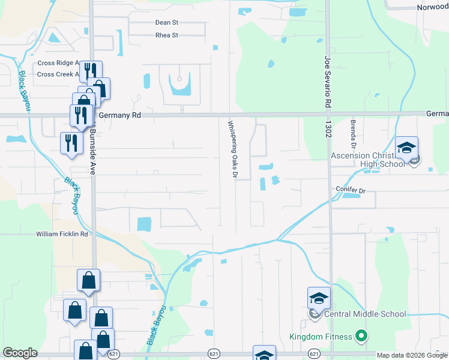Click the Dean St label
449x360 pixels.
(167, 23)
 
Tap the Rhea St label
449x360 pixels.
(167, 35)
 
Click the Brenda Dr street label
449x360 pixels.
(353, 135)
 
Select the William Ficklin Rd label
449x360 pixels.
(62, 234)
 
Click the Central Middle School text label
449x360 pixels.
(365, 314)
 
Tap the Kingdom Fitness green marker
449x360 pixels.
(361, 337)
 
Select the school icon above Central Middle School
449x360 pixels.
(319, 298)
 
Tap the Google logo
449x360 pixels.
(20, 353)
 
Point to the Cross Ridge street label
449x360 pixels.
(59, 63)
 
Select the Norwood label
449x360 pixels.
(432, 8)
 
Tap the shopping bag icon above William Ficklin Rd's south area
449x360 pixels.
(88, 280)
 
